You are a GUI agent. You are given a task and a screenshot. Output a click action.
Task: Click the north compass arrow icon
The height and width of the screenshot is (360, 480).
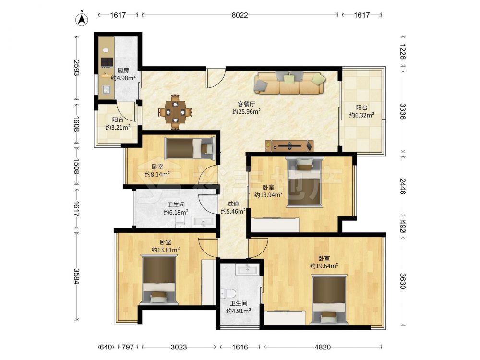pos(82,19)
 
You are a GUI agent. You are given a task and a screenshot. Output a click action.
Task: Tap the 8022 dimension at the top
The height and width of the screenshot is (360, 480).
pos(240,15)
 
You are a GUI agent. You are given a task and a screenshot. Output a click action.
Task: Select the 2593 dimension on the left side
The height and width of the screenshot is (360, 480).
pos(76,68)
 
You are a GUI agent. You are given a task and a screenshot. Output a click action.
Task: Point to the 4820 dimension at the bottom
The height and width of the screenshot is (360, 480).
pos(323,347)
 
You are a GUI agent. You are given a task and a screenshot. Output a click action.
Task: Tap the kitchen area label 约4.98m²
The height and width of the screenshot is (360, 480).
pos(123,78)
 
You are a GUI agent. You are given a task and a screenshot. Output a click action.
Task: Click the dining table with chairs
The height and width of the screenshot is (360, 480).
pos(175,112)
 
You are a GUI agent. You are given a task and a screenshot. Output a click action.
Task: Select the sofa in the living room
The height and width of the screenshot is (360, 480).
pos(289,83)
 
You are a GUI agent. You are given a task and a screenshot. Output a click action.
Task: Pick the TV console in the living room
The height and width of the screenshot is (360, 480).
pos(289,146)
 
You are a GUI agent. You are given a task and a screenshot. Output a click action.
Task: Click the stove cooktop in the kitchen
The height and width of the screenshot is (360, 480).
pos(107,62)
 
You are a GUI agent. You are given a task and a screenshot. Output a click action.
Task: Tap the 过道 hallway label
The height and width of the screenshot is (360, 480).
pos(233,204)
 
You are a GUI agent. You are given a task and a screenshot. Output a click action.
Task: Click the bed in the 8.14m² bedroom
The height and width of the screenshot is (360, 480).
pos(189,148)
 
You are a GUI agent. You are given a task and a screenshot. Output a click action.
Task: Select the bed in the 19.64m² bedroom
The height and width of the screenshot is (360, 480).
pos(329,300)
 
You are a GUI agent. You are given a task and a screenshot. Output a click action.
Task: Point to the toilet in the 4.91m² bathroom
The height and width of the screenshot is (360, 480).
pos(228,294)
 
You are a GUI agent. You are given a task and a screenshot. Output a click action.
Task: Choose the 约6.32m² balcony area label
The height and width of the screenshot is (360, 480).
pos(362,115)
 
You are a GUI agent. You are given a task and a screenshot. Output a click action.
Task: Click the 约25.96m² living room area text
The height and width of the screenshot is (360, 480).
pos(246,112)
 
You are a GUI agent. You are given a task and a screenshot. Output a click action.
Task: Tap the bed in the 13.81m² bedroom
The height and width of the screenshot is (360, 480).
pos(158,279)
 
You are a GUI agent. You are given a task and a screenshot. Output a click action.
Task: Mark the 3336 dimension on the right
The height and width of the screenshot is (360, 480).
pos(403,112)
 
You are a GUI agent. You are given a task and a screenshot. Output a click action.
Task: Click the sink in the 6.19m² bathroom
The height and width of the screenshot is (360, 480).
pos(203,222)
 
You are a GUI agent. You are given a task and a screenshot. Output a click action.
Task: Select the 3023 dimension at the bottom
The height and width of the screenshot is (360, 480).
pos(179,347)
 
